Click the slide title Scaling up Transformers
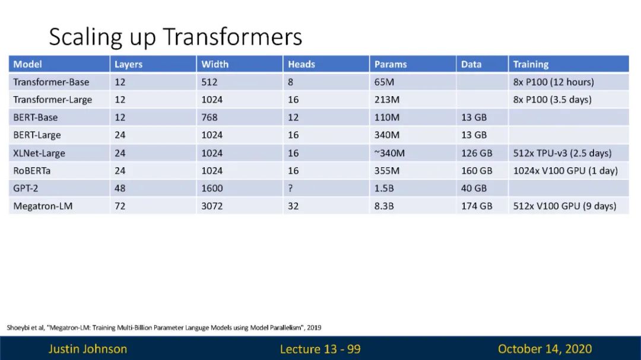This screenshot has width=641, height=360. tap(175, 37)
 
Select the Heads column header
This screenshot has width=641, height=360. tap(302, 64)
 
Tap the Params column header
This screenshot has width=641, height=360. tap(391, 64)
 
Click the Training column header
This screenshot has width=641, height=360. tap(531, 64)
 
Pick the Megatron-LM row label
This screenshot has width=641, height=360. tap(43, 206)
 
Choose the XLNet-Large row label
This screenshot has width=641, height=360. tap(39, 153)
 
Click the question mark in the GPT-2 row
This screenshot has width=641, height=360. tap(290, 189)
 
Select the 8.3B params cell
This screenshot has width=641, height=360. tap(384, 206)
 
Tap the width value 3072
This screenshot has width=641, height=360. tap(212, 206)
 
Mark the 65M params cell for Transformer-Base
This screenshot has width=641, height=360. tap(384, 82)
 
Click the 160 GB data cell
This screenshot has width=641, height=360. tap(477, 171)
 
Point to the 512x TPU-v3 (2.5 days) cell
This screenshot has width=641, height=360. tap(563, 153)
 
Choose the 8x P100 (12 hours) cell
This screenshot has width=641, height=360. tap(554, 82)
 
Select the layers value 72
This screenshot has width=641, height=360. tap(120, 206)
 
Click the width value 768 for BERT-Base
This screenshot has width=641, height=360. tap(210, 117)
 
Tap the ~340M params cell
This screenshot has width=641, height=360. tap(389, 153)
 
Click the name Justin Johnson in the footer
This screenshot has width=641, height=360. tap(88, 349)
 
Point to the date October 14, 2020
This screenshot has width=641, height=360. tap(545, 349)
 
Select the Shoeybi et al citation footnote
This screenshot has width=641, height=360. tap(164, 328)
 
